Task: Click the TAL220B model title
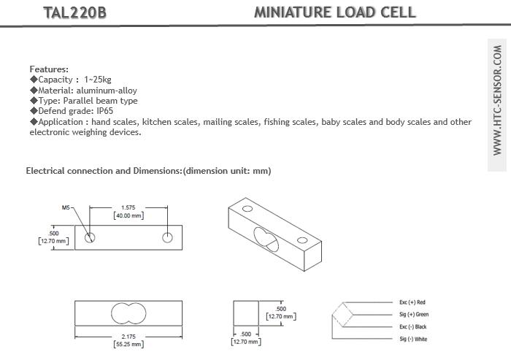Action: click(x=74, y=12)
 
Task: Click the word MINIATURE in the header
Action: click(x=292, y=12)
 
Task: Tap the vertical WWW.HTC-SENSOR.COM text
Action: click(x=497, y=100)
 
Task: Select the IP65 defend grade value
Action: click(x=104, y=111)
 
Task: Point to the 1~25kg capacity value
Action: click(x=97, y=80)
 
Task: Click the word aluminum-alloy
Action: click(x=107, y=91)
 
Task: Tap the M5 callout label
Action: click(x=66, y=207)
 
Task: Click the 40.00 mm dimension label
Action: click(x=128, y=215)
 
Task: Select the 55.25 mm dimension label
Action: click(x=128, y=344)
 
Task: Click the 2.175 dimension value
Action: click(x=128, y=337)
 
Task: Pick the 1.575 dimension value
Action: click(x=128, y=207)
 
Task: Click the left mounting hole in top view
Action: click(x=90, y=237)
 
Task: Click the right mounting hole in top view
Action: click(x=167, y=237)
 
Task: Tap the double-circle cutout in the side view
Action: click(x=128, y=313)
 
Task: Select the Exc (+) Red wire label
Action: click(x=412, y=302)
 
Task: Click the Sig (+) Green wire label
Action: click(x=414, y=314)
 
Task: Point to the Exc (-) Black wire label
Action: click(x=413, y=326)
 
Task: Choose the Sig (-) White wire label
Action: click(x=413, y=339)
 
